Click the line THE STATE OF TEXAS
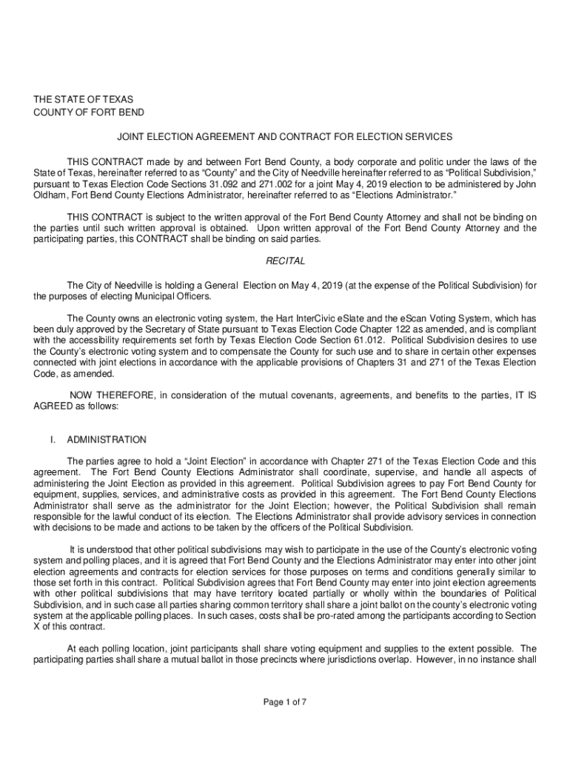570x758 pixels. coord(83,99)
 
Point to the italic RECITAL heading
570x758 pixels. coord(285,262)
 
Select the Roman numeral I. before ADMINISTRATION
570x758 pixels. coord(53,440)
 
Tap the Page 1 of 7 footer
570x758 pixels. coord(285,702)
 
